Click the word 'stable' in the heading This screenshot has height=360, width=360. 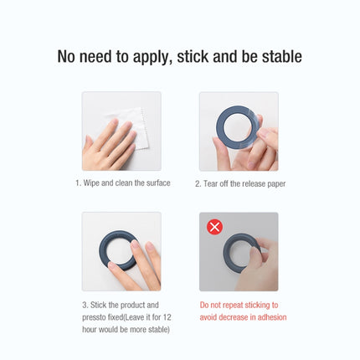point(278,57)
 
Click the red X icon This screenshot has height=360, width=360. point(214,227)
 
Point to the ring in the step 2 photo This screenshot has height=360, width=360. point(235,131)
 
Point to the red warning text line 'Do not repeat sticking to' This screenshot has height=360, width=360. point(239,306)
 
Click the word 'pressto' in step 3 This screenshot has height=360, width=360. point(96,317)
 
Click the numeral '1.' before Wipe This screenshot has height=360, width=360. point(77,183)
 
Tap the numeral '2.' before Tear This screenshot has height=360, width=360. point(198,183)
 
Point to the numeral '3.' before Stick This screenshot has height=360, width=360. point(85,306)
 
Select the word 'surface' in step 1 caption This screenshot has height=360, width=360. point(157,183)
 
